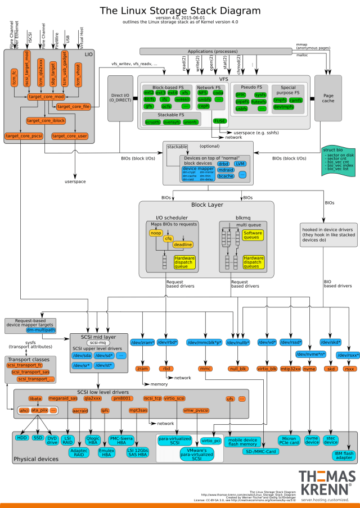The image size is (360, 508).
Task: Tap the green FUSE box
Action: click(219, 121)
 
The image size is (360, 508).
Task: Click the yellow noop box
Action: click(156, 233)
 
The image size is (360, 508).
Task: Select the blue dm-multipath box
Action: click(40, 330)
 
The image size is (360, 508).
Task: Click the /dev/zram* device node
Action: click(142, 343)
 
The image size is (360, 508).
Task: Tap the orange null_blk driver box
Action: click(238, 369)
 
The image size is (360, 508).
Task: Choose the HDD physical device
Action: click(22, 437)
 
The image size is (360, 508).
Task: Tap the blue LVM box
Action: click(241, 164)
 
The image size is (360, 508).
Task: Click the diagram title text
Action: click(180, 11)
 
